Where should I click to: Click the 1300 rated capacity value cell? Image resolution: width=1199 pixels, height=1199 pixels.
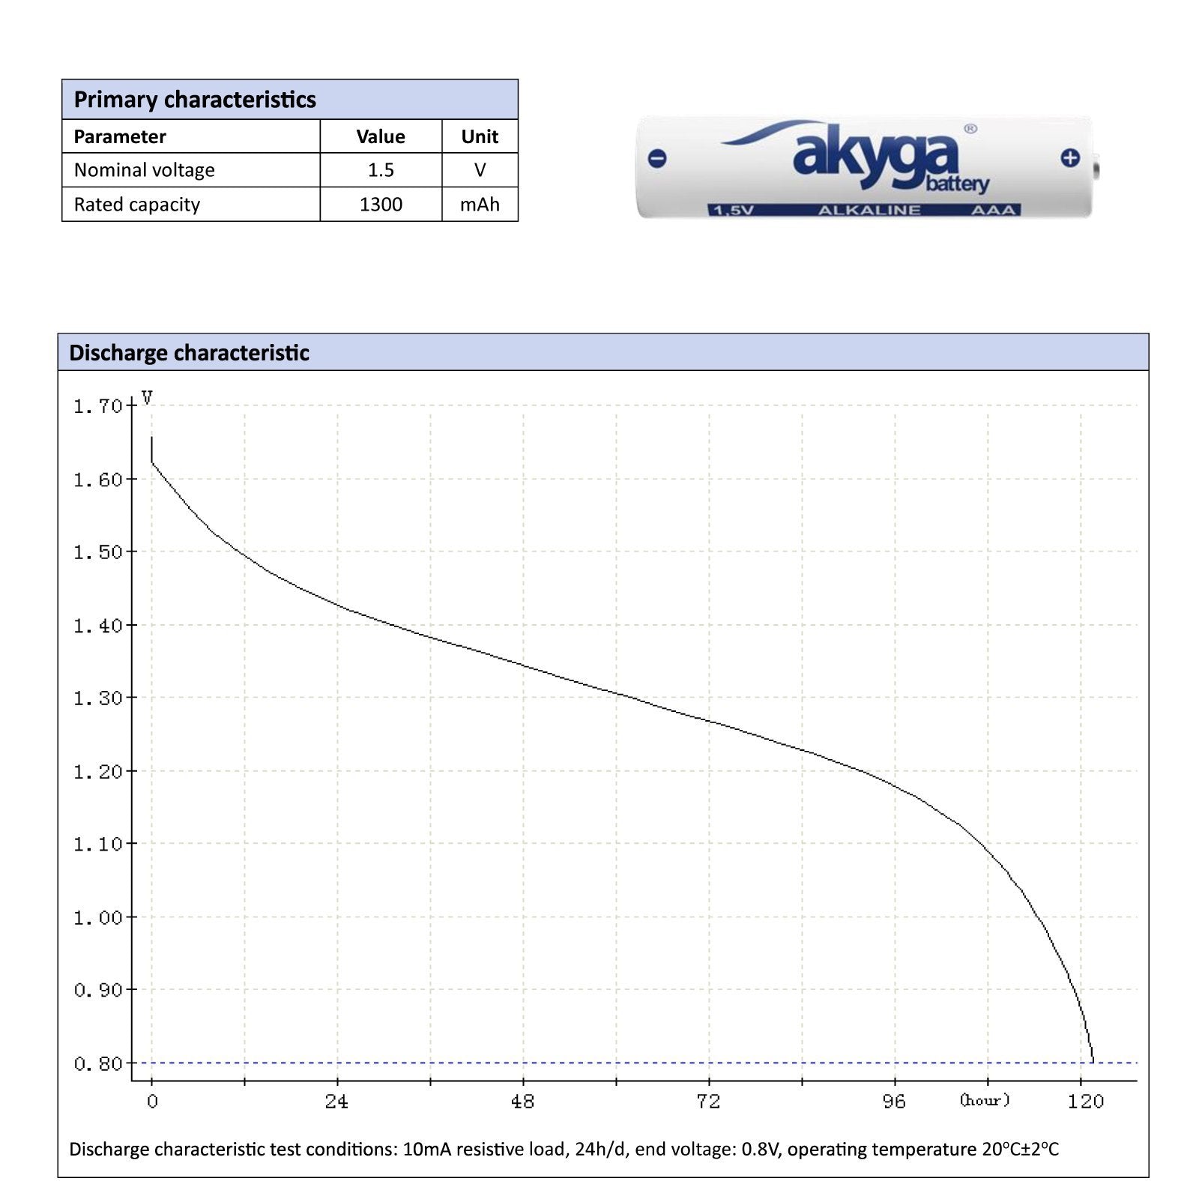click(x=381, y=205)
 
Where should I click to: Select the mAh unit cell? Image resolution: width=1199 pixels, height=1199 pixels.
click(x=480, y=205)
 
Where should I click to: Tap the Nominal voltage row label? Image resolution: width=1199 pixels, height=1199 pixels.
click(x=144, y=170)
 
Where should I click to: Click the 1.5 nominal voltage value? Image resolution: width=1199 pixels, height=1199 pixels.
click(x=381, y=170)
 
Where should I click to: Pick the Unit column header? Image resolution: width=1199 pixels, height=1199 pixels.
click(x=480, y=136)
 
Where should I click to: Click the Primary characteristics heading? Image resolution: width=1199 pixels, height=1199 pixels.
click(x=195, y=100)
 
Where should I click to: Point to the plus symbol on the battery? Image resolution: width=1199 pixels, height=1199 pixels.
click(x=1070, y=157)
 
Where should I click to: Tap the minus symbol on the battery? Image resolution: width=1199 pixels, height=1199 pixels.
click(x=657, y=158)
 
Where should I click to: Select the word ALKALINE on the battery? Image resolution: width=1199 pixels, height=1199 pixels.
click(x=869, y=211)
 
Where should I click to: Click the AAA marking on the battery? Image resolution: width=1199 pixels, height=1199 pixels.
click(x=993, y=211)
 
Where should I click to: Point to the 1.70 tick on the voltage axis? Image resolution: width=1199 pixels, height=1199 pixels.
click(x=97, y=406)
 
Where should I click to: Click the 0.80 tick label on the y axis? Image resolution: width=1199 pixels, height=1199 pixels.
click(x=97, y=1063)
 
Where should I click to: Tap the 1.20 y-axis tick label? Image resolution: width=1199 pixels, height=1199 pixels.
click(x=97, y=772)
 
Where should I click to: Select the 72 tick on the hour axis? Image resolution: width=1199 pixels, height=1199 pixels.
click(x=708, y=1102)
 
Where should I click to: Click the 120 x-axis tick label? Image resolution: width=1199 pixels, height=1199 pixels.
click(x=1086, y=1102)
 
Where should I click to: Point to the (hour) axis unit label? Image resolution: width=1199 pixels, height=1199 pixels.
click(x=985, y=1100)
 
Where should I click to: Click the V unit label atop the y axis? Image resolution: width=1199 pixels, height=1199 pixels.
click(x=147, y=398)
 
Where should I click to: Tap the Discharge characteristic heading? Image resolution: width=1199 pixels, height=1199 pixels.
click(x=189, y=353)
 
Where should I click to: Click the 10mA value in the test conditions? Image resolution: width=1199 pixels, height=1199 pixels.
click(x=426, y=1149)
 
